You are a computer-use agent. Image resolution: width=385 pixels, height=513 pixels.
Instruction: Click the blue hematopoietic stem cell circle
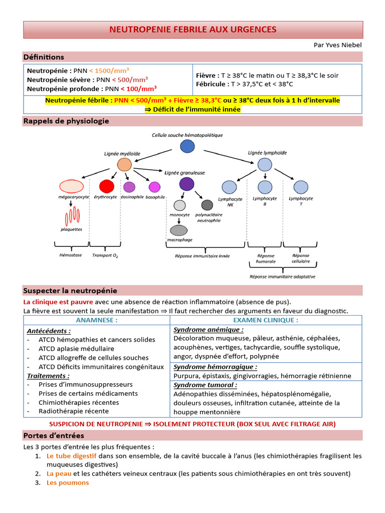[x=187, y=146]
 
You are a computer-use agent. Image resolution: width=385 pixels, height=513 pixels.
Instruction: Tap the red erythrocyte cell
[x=107, y=186]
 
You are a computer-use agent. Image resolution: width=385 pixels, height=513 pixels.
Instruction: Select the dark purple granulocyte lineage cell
[x=186, y=184]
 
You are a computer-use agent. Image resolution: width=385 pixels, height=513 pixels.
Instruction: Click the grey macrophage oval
[x=179, y=230]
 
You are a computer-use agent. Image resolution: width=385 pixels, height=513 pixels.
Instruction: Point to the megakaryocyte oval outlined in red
[x=71, y=187]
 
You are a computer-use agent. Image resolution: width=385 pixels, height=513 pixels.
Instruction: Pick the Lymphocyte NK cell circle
[x=229, y=187]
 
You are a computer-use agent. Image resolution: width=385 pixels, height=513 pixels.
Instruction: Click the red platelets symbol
[x=72, y=216]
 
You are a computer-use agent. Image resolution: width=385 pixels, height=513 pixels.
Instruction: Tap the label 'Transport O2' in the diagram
[x=105, y=255]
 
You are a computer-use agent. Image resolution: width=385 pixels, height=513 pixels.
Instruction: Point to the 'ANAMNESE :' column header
[x=97, y=320]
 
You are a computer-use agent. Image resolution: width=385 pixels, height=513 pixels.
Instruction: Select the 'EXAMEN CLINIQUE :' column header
[x=266, y=320]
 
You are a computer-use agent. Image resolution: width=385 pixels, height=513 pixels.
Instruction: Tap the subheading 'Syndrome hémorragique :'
[x=204, y=367]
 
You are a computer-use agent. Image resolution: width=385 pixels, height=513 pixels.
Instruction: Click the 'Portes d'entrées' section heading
[x=54, y=435]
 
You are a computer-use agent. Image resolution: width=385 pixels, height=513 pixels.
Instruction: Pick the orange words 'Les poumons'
[x=68, y=482]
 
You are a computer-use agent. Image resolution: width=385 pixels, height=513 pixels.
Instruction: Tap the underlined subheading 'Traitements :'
[x=48, y=375]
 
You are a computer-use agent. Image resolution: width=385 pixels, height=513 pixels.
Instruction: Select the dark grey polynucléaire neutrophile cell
[x=207, y=205]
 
